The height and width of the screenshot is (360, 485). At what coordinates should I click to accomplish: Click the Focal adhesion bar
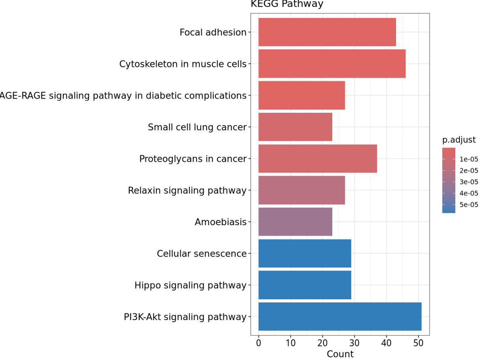pos(327,32)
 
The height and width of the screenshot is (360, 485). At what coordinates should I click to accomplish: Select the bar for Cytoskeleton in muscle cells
pos(332,64)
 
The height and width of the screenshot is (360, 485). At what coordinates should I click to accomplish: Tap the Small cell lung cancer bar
pos(295,127)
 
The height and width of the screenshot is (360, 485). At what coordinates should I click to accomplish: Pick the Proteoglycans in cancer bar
pos(317,159)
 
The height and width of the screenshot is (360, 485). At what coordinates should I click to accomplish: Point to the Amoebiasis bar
pos(295,222)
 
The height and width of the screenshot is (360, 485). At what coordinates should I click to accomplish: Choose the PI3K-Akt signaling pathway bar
pos(340,317)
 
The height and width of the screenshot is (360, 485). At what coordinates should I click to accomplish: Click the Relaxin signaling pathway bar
pos(301,191)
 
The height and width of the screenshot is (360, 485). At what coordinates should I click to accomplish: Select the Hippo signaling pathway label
pos(190,285)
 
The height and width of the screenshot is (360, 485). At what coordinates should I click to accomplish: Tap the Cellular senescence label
pos(202,254)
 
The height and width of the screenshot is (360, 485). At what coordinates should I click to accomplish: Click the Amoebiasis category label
pos(220,222)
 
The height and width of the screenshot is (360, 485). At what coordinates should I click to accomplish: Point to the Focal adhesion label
pos(213,32)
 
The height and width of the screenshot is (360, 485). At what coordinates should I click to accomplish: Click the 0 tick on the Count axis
pos(259,343)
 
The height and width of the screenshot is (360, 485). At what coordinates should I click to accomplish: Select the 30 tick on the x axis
pos(354,343)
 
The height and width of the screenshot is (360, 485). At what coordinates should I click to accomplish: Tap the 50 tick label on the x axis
pos(418,343)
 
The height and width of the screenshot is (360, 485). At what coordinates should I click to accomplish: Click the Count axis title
pos(340,354)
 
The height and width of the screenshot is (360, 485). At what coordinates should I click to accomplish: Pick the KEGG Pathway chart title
pos(287,4)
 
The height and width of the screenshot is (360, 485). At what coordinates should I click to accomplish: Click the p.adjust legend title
pos(459,140)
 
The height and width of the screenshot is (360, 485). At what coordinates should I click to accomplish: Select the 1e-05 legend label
pos(468,159)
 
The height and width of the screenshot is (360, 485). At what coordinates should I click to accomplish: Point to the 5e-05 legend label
pos(468,205)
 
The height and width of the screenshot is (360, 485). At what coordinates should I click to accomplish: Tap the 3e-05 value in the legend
pos(468,182)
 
